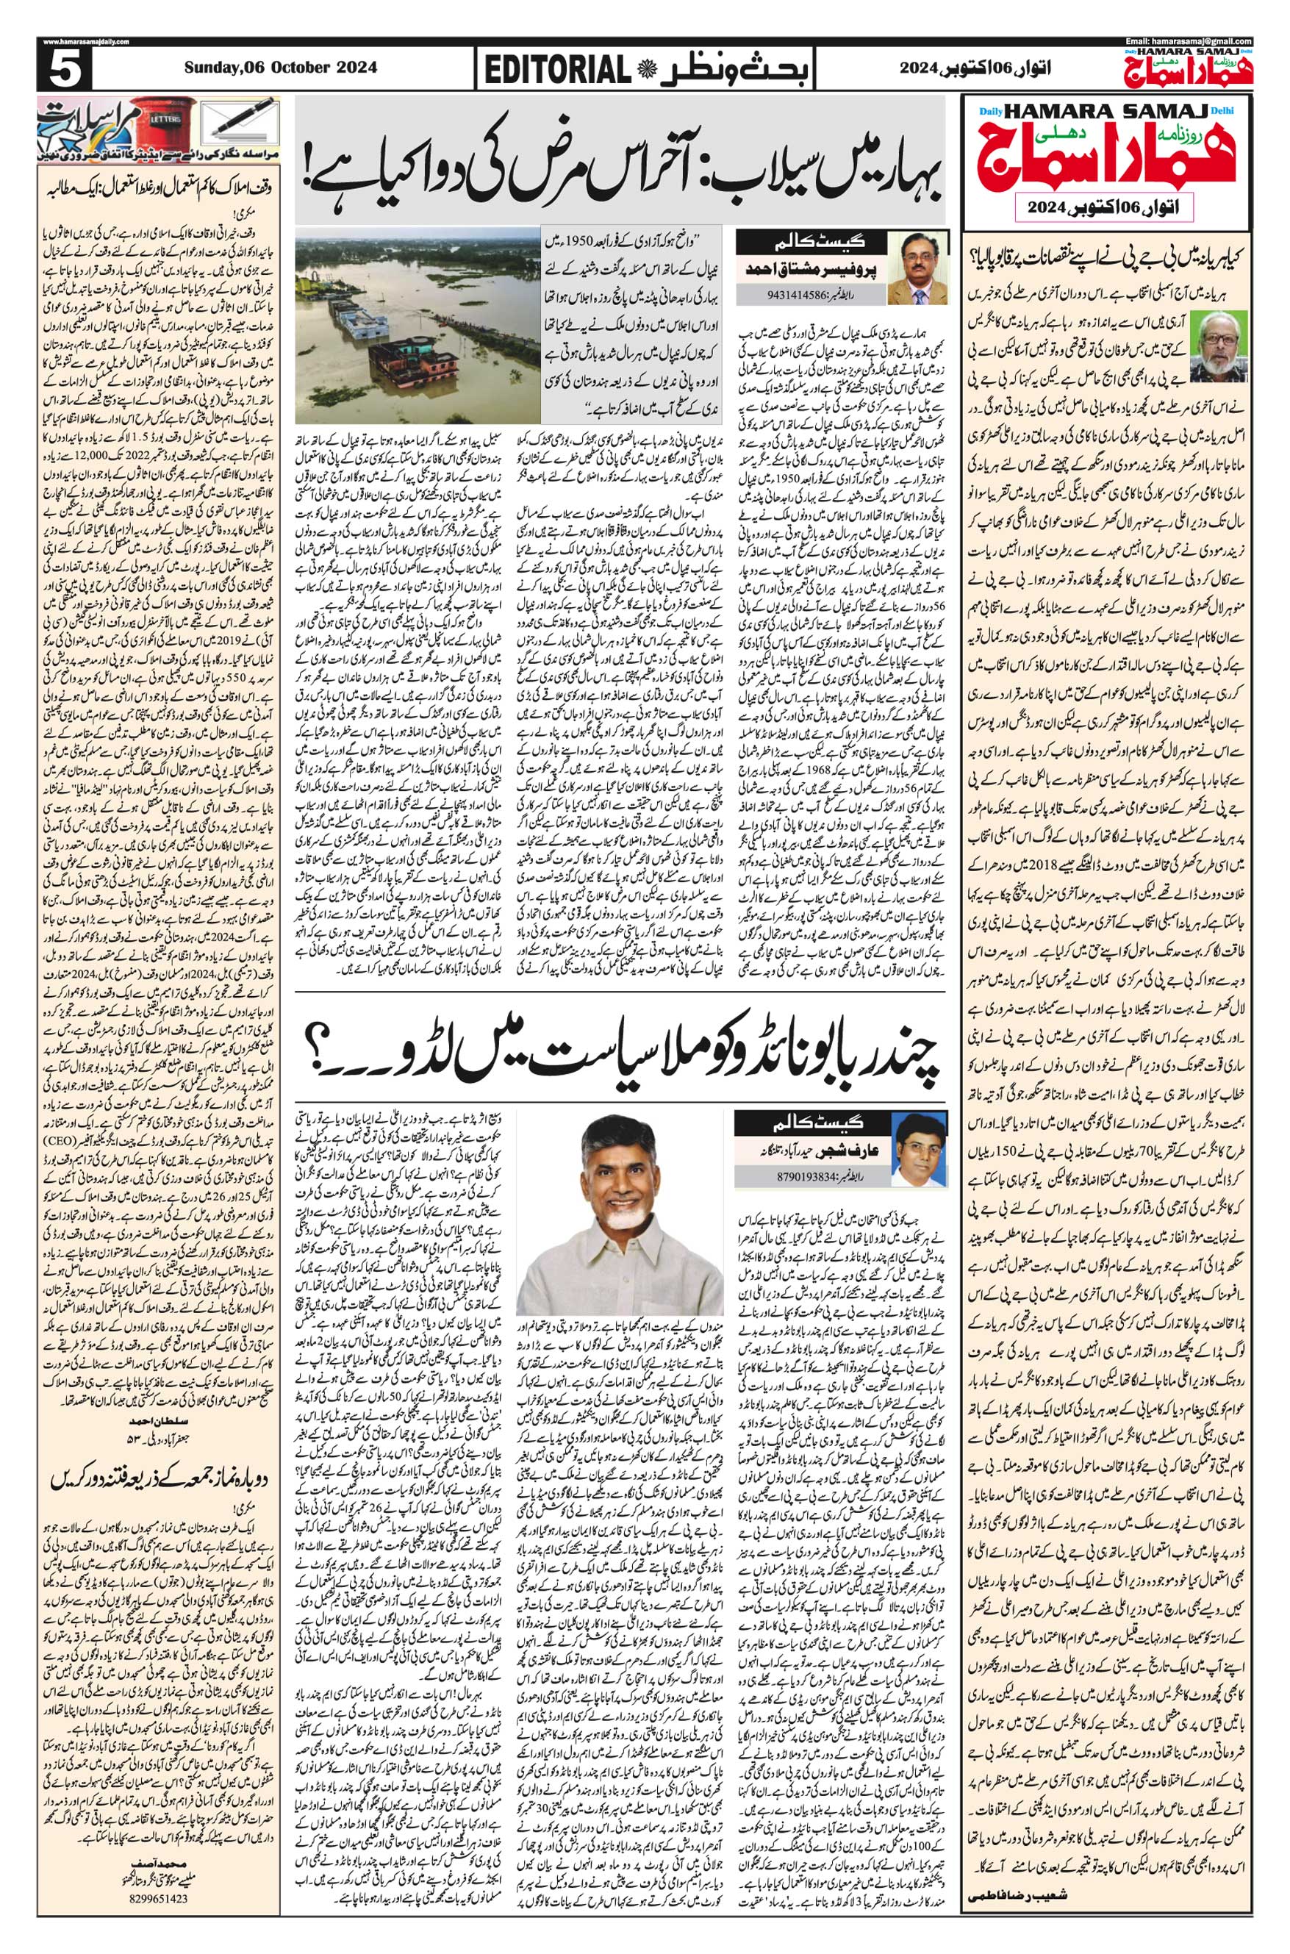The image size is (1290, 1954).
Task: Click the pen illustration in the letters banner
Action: [243, 122]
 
